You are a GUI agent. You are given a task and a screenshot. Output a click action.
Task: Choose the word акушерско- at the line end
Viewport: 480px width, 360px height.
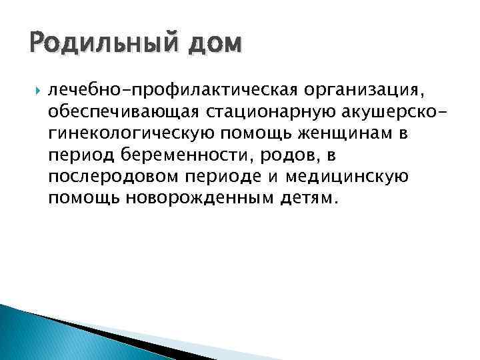389,111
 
